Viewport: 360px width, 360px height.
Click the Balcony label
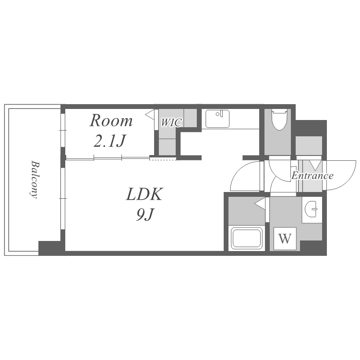pyautogui.click(x=34, y=180)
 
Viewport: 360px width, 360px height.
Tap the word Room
pyautogui.click(x=111, y=121)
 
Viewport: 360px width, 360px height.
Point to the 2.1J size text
pyautogui.click(x=109, y=141)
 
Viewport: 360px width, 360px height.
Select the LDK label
pyautogui.click(x=144, y=194)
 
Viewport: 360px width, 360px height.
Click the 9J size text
pyautogui.click(x=144, y=215)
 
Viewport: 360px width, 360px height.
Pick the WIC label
pyautogui.click(x=171, y=122)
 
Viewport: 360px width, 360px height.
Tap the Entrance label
pyautogui.click(x=312, y=176)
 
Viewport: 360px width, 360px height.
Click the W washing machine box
pyautogui.click(x=285, y=239)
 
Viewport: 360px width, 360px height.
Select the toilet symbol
pyautogui.click(x=279, y=120)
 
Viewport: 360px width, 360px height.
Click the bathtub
pyautogui.click(x=247, y=238)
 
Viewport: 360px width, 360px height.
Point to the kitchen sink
pyautogui.click(x=217, y=119)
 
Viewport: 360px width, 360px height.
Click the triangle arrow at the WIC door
pyautogui.click(x=150, y=114)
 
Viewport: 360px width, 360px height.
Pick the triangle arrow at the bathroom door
pyautogui.click(x=260, y=203)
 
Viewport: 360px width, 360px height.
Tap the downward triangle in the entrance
pyautogui.click(x=315, y=165)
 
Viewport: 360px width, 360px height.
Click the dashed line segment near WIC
pyautogui.click(x=163, y=159)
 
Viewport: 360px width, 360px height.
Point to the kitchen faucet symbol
pyautogui.click(x=221, y=113)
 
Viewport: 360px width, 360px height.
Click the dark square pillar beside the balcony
pyautogui.click(x=49, y=248)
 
